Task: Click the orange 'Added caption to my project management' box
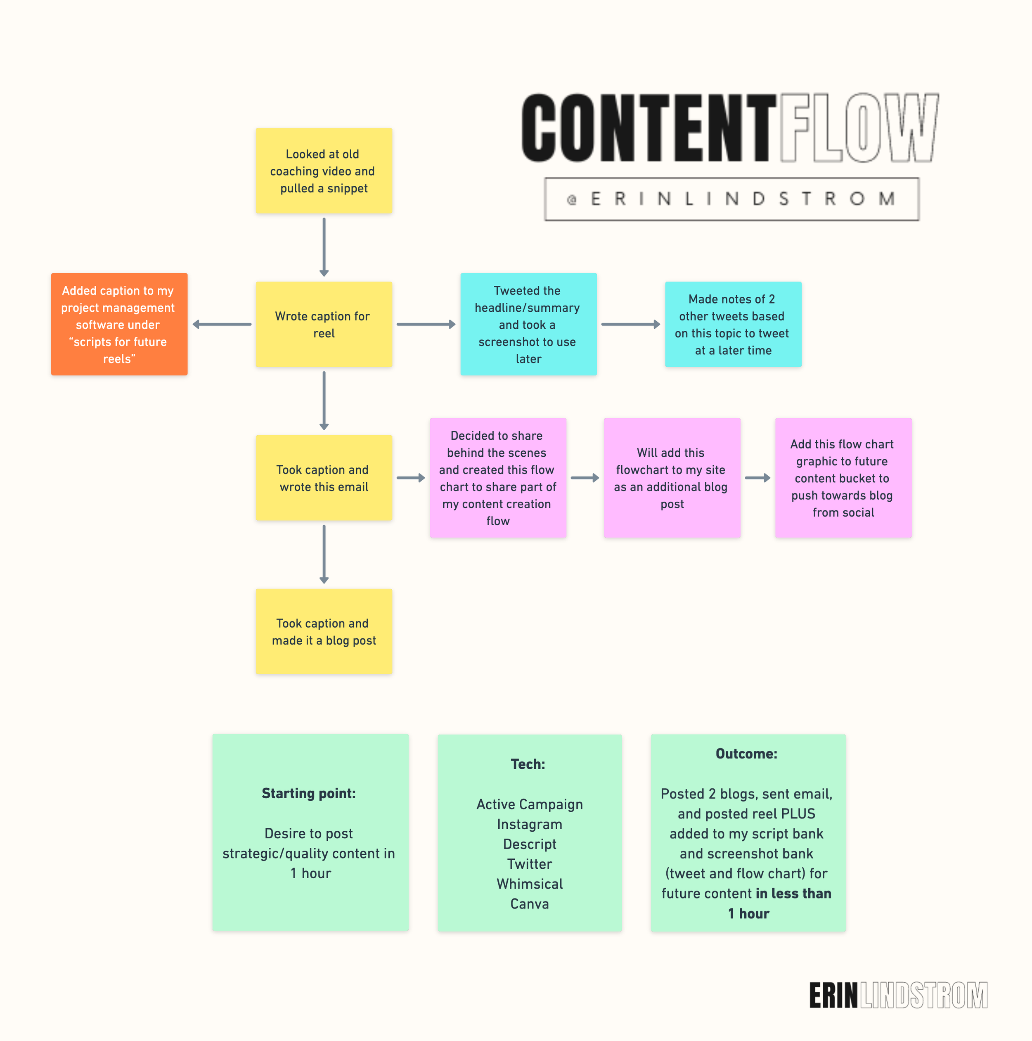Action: [x=119, y=325]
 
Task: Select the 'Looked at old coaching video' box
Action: [x=324, y=171]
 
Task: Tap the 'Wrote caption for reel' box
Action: [x=324, y=325]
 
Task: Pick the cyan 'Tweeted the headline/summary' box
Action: [x=528, y=325]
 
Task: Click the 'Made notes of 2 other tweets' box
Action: [x=733, y=325]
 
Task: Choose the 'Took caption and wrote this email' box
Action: [x=324, y=478]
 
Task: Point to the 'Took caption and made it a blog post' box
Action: [x=324, y=631]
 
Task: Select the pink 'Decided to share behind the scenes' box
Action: [x=498, y=478]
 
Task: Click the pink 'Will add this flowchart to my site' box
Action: [x=672, y=478]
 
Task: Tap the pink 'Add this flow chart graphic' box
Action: [x=843, y=478]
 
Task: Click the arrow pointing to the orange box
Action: [x=222, y=325]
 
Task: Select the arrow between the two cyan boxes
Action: [x=630, y=325]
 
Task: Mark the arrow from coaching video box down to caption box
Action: [x=324, y=247]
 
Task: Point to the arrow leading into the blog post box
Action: [x=324, y=554]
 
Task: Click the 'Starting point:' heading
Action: [x=309, y=793]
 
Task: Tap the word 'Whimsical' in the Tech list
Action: [x=530, y=884]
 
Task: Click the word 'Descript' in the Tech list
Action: [x=530, y=844]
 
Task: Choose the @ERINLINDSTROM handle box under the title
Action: [x=731, y=199]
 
